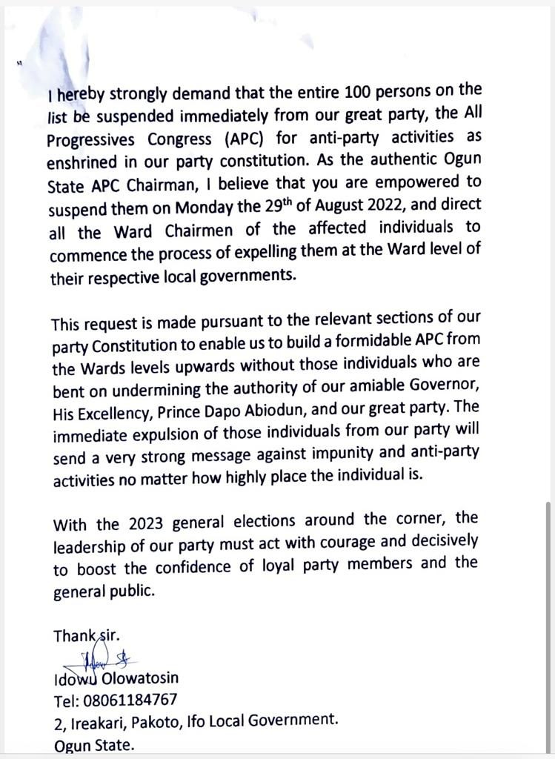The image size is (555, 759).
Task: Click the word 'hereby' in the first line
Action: (x=78, y=95)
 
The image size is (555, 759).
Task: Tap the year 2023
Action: (x=146, y=524)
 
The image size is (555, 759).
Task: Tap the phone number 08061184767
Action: (x=129, y=700)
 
